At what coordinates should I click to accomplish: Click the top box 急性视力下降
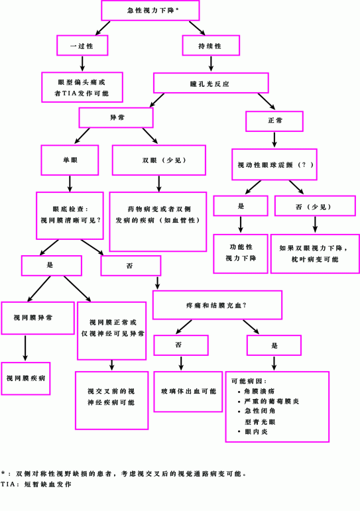coord(150,11)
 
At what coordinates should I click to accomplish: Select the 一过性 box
coord(82,45)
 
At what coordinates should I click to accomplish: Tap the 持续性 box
coord(211,45)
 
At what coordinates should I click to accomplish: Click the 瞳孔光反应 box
coord(211,83)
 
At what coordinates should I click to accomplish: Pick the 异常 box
coord(116,118)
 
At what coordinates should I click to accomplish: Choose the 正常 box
coord(274,121)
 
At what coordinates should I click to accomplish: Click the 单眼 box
coord(70,160)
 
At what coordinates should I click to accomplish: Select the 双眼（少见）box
coord(159,160)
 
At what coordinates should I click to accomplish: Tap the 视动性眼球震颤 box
coord(274,164)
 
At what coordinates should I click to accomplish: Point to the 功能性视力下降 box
coord(241,254)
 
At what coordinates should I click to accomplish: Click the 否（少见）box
coord(315,206)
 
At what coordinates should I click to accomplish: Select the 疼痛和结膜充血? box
coord(217,305)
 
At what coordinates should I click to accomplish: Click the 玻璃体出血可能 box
coord(188,392)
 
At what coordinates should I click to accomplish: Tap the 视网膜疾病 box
coord(26,378)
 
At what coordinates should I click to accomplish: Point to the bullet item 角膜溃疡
coord(257,391)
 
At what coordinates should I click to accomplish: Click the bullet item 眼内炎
coord(253,432)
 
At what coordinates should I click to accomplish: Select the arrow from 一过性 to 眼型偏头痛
coord(82,64)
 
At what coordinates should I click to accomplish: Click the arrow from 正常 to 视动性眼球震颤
coord(274,139)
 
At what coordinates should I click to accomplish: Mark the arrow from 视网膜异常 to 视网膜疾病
coord(25,348)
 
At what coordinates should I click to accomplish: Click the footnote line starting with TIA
coord(36,484)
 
